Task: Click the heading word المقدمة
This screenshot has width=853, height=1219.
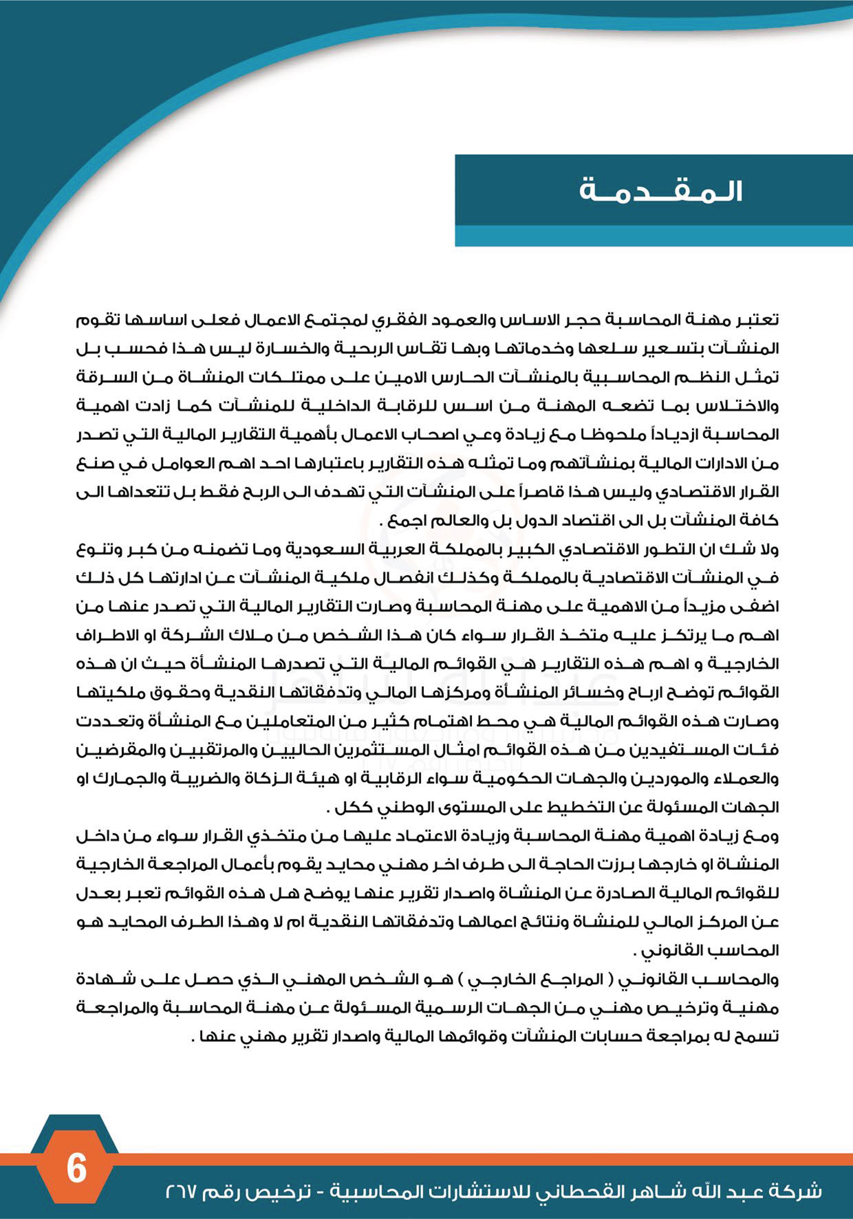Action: (660, 192)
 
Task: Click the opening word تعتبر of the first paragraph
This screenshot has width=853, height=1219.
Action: (760, 320)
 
